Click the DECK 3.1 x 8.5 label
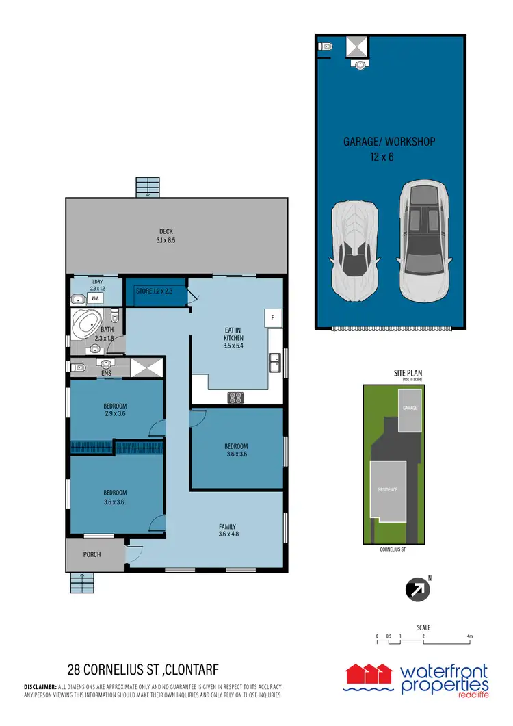pyautogui.click(x=167, y=236)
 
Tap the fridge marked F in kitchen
pyautogui.click(x=272, y=318)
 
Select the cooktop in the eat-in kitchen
pyautogui.click(x=236, y=397)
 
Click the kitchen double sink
pyautogui.click(x=275, y=362)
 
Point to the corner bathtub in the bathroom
pyautogui.click(x=87, y=324)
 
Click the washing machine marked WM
pyautogui.click(x=96, y=300)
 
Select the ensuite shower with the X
pyautogui.click(x=144, y=367)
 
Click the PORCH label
pyautogui.click(x=91, y=554)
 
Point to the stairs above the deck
pyautogui.click(x=147, y=187)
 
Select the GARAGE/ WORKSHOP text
pyautogui.click(x=389, y=142)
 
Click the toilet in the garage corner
pyautogui.click(x=326, y=47)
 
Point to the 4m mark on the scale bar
pyautogui.click(x=469, y=636)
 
